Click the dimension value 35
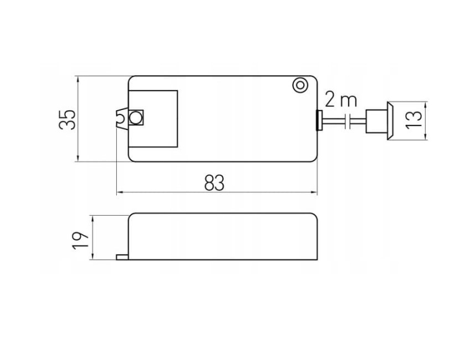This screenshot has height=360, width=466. [67, 120]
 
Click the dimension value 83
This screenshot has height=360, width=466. [214, 183]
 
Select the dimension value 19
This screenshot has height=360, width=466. [80, 240]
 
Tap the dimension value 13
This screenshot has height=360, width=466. [414, 120]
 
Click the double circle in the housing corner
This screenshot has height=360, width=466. [300, 85]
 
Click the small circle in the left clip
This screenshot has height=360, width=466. [136, 118]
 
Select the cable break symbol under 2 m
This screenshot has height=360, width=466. [349, 121]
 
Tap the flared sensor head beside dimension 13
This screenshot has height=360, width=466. [391, 121]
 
